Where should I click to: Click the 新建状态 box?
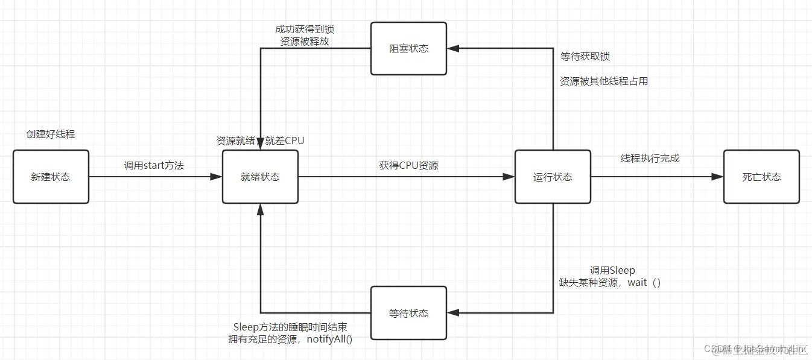pyautogui.click(x=51, y=177)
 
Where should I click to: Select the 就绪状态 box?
pyautogui.click(x=260, y=177)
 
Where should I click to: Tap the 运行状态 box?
pyautogui.click(x=553, y=177)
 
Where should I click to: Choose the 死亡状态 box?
pyautogui.click(x=761, y=177)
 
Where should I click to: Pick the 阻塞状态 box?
pyautogui.click(x=408, y=48)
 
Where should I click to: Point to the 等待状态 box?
pyautogui.click(x=408, y=313)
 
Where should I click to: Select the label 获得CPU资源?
pyautogui.click(x=408, y=165)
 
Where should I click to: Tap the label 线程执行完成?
pyautogui.click(x=650, y=158)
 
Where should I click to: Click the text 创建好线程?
pyautogui.click(x=51, y=134)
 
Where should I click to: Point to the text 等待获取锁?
pyautogui.click(x=585, y=56)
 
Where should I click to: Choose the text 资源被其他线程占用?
pyautogui.click(x=604, y=81)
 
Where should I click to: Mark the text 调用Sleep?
pyautogui.click(x=612, y=270)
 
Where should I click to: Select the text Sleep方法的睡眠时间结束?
pyautogui.click(x=290, y=327)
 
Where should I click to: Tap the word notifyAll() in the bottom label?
pyautogui.click(x=329, y=339)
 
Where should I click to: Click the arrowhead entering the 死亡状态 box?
pyautogui.click(x=718, y=177)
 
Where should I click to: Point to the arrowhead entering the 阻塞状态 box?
pyautogui.click(x=452, y=48)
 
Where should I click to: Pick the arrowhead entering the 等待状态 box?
pyautogui.click(x=452, y=312)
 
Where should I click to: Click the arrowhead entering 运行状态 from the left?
pyautogui.click(x=509, y=177)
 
